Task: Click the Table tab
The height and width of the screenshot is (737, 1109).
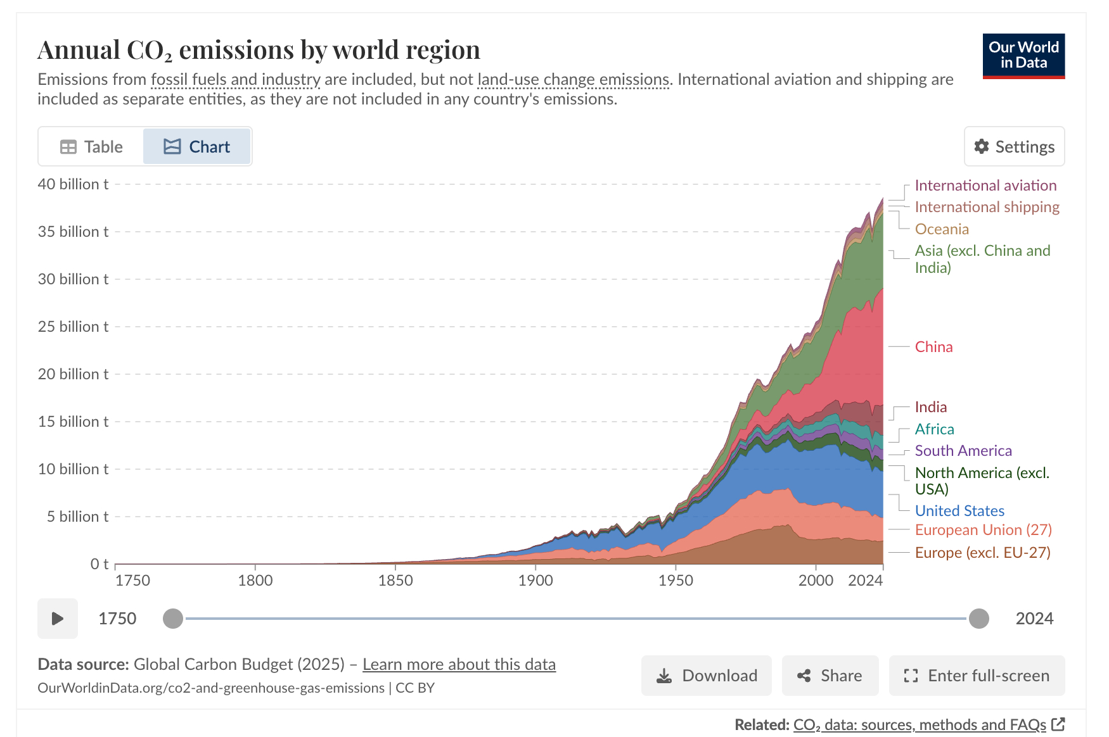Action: pos(91,147)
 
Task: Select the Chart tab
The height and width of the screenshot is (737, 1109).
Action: pos(197,147)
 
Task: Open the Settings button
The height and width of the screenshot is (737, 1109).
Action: pos(1014,147)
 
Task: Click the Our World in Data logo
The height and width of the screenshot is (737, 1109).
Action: pos(1023,56)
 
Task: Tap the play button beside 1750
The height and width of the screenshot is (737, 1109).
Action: pos(58,619)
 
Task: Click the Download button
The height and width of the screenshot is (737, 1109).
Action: pos(707,676)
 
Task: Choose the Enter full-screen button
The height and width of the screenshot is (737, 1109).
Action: pos(977,676)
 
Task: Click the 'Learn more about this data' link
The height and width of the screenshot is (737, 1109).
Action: pos(459,664)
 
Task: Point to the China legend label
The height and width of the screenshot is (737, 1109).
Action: pos(933,347)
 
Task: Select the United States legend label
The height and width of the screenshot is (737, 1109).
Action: pos(959,511)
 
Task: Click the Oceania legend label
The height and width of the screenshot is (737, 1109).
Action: pos(942,229)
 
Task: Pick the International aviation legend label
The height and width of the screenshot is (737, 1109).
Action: pos(985,186)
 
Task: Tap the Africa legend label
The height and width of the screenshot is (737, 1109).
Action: pos(934,429)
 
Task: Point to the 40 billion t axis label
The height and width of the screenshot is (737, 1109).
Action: pos(73,184)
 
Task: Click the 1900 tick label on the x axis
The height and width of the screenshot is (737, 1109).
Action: pos(535,581)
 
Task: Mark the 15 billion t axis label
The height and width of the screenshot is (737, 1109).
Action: pos(73,422)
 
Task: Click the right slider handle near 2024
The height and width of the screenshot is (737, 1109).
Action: pos(978,619)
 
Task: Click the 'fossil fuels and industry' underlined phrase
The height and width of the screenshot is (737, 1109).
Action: pos(236,80)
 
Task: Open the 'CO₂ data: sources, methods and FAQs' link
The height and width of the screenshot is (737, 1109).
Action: pos(920,724)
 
